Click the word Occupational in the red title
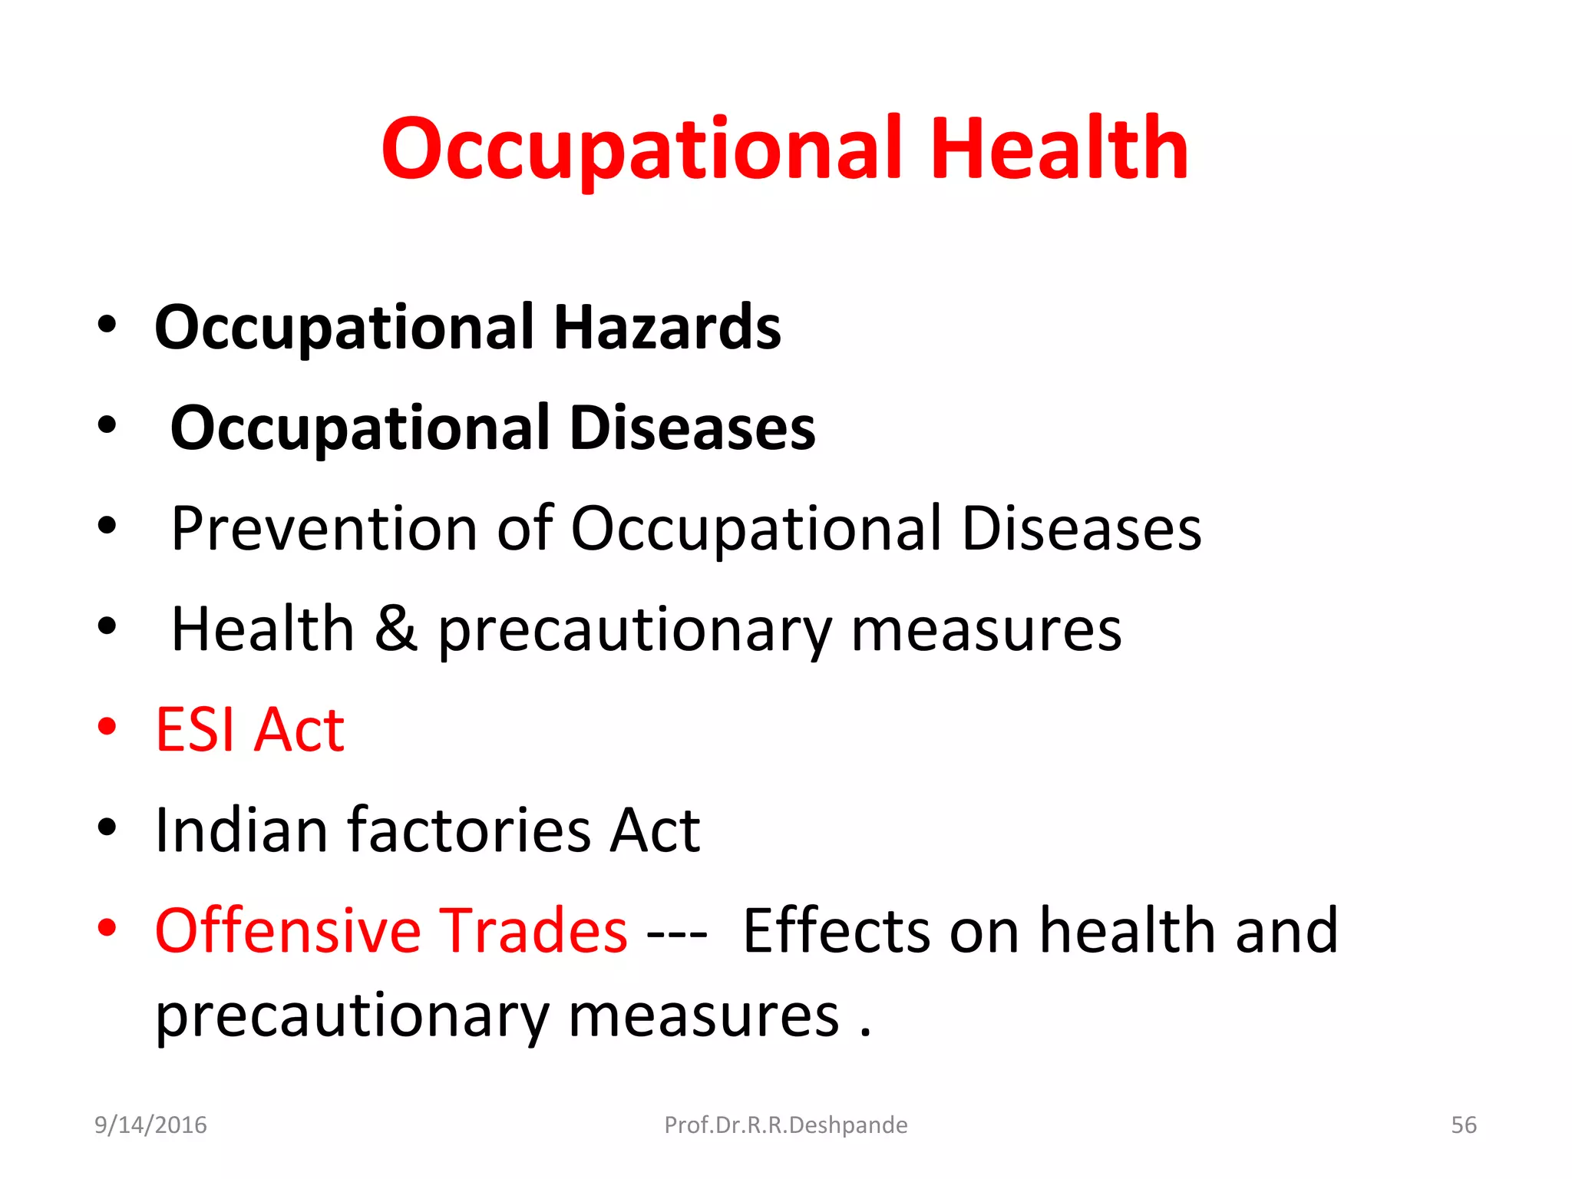coord(642,150)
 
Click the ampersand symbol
coord(396,629)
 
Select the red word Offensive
coord(288,930)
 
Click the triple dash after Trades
coord(676,935)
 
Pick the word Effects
coord(837,930)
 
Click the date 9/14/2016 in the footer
coord(150,1125)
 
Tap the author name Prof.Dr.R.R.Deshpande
coord(785,1125)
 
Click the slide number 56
coord(1463,1125)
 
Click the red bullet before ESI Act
coord(107,726)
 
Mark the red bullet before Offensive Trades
coord(107,927)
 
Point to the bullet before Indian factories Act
coord(107,827)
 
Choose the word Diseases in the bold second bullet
coord(692,428)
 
